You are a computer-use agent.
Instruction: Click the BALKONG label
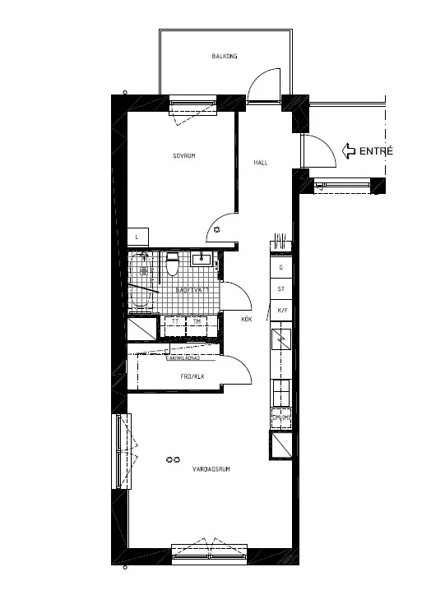(x=225, y=56)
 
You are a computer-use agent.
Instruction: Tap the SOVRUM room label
(x=183, y=156)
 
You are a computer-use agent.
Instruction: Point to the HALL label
(x=261, y=163)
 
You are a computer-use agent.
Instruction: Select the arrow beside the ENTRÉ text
(x=347, y=150)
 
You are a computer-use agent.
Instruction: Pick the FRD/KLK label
(x=192, y=377)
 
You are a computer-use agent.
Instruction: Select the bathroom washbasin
(x=202, y=260)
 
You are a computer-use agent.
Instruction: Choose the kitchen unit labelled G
(x=281, y=268)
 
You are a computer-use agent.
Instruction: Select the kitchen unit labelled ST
(x=281, y=288)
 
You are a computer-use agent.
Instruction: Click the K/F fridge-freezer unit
(x=281, y=310)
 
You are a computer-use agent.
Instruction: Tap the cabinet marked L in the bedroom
(x=137, y=237)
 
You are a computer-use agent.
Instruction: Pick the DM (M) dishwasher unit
(x=281, y=420)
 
